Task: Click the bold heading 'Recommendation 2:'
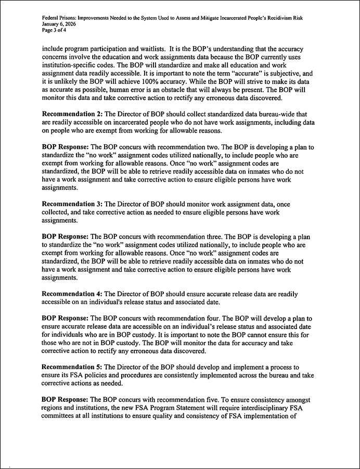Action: [x=71, y=113]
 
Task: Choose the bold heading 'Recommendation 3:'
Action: [x=71, y=202]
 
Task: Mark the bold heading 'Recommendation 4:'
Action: [x=71, y=294]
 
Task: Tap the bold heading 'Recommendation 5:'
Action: [x=71, y=367]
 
